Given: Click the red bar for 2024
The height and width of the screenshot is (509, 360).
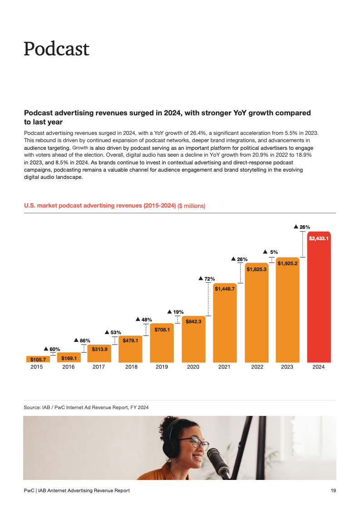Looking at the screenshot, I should pos(319,300).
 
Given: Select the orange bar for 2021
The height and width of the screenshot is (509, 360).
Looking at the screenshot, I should pos(225,322).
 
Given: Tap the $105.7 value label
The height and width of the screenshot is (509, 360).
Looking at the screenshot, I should pos(38,359).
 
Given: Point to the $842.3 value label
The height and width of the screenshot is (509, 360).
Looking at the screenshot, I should pos(193,321).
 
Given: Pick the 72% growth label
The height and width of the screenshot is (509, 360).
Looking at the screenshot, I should pos(207,279).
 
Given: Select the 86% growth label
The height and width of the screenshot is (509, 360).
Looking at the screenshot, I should pos(82,340).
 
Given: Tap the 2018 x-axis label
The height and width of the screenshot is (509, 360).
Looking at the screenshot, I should pos(131,367).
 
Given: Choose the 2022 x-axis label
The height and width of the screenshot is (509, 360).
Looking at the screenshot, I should pos(257,367).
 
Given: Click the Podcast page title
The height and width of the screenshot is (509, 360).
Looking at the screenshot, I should pos(56,49).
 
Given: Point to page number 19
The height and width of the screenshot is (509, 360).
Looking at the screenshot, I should pos(333,490).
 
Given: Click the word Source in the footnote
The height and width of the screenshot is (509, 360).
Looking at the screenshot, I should pos(31,407).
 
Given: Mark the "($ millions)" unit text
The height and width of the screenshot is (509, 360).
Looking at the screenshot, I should pos(191,206).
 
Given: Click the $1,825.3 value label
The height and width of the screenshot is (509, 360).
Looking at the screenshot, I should pos(256,269).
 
